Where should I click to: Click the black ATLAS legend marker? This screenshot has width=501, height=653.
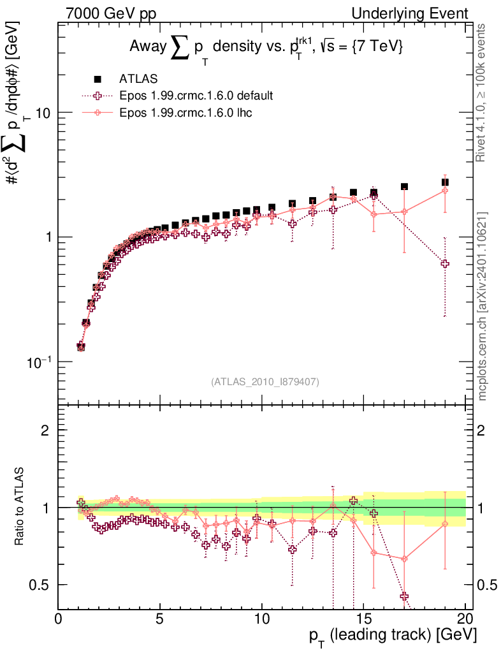tap(98, 79)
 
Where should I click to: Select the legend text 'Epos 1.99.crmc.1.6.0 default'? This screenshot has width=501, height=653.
tap(196, 96)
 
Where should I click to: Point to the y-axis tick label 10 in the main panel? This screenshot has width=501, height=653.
tap(42, 113)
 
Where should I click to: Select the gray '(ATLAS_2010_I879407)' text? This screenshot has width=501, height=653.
tap(265, 382)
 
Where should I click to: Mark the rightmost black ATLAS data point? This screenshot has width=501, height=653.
tap(445, 182)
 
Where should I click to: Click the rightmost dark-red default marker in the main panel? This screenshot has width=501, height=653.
tap(445, 263)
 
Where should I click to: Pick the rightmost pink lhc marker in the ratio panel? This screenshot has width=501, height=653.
tap(445, 524)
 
